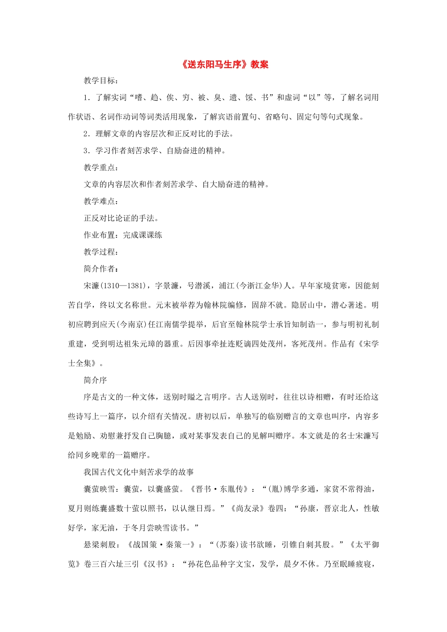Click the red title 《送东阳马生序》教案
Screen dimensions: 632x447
pos(224,65)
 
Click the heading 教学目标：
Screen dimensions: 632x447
pos(101,80)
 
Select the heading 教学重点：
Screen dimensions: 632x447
pos(101,167)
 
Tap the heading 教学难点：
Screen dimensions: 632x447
pos(101,201)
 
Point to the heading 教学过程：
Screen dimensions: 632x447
pos(101,252)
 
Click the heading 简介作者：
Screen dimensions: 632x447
pos(101,269)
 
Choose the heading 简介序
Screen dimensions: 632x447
pos(95,380)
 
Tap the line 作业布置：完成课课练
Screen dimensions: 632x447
pos(123,235)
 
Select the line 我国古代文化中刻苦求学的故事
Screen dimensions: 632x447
pos(139,472)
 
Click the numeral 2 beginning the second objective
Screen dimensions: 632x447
pos(86,134)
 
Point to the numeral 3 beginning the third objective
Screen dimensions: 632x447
pos(86,151)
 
